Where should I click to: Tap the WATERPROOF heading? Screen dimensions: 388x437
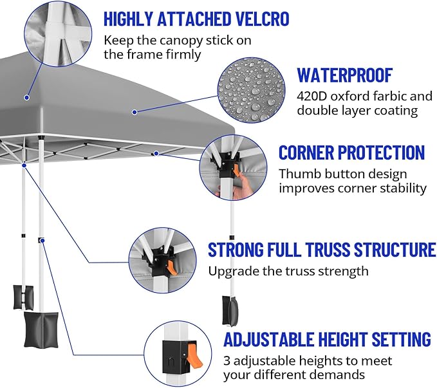click(344, 75)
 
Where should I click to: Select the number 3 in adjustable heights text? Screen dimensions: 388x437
click(227, 360)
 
